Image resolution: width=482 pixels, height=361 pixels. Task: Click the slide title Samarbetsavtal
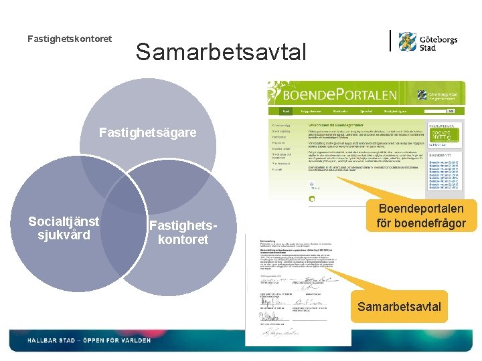[x=221, y=51]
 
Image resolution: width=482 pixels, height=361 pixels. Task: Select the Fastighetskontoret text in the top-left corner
[x=70, y=39]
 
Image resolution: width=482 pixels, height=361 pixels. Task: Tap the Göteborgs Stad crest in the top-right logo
[x=408, y=41]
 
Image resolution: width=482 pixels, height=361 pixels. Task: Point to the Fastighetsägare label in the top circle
[x=147, y=132]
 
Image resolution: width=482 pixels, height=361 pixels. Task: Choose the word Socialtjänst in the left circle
[x=64, y=221]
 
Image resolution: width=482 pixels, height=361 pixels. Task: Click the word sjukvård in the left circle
[x=64, y=235]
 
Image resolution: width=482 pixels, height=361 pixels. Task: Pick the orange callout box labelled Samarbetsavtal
[x=399, y=307]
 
